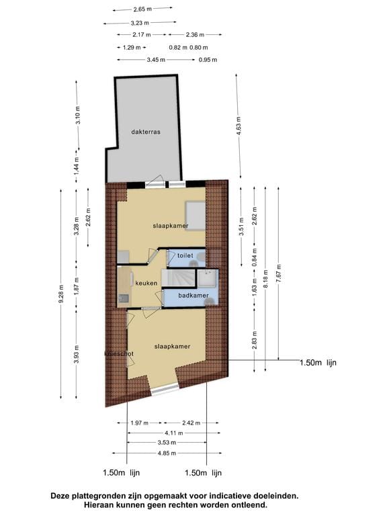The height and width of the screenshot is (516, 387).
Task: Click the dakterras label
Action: (145, 132)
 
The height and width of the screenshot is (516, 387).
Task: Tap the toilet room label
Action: (185, 255)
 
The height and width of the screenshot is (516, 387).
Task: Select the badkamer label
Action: (193, 296)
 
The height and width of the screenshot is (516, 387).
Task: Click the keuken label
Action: (146, 283)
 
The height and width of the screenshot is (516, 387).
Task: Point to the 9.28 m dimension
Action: (62, 294)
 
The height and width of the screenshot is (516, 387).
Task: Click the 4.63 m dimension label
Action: (239, 124)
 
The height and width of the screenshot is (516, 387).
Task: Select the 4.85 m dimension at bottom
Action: (167, 453)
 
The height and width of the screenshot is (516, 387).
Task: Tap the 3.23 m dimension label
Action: (140, 23)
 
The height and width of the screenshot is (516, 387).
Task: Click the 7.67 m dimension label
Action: (279, 273)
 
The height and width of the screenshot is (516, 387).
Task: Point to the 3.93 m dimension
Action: (77, 354)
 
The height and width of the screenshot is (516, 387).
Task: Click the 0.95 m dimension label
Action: (208, 60)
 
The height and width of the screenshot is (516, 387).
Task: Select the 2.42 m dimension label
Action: (191, 423)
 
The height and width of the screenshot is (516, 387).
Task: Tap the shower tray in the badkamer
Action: (208, 278)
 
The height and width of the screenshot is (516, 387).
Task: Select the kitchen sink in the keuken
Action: (124, 298)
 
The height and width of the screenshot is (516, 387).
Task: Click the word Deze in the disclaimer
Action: (61, 495)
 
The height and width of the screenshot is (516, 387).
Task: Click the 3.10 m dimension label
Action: (78, 115)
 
